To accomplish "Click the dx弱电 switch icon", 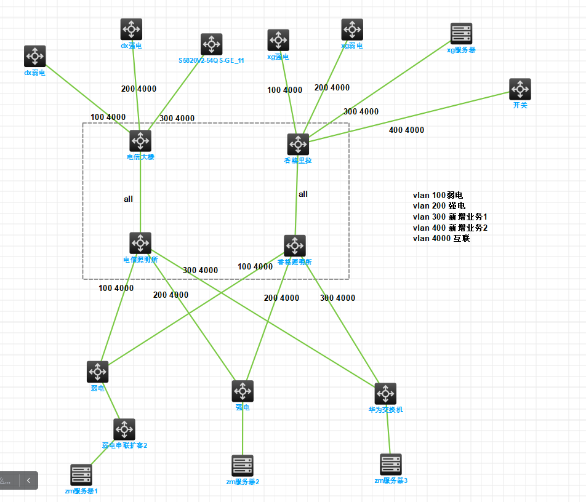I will tap(35, 56).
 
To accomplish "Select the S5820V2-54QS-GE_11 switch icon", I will tap(211, 44).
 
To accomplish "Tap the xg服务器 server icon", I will tap(461, 34).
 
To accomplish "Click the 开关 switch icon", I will tap(520, 89).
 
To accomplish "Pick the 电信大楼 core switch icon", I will tap(140, 141).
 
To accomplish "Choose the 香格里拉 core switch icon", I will tap(298, 145).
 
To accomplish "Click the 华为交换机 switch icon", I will tap(385, 394).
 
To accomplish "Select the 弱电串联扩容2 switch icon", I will tap(124, 429).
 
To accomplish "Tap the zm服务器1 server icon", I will tap(81, 475).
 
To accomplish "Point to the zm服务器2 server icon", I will tap(243, 466).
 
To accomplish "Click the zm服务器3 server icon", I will tap(391, 464).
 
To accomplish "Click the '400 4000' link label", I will tap(406, 130).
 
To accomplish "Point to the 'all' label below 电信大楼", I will tap(128, 199).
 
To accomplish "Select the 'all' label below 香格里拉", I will tap(303, 194).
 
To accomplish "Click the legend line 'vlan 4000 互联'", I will tap(441, 238).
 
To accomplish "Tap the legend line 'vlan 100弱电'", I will tap(438, 195).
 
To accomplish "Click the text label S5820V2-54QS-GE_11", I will tap(211, 60).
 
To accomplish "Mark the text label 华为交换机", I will tap(385, 409).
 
